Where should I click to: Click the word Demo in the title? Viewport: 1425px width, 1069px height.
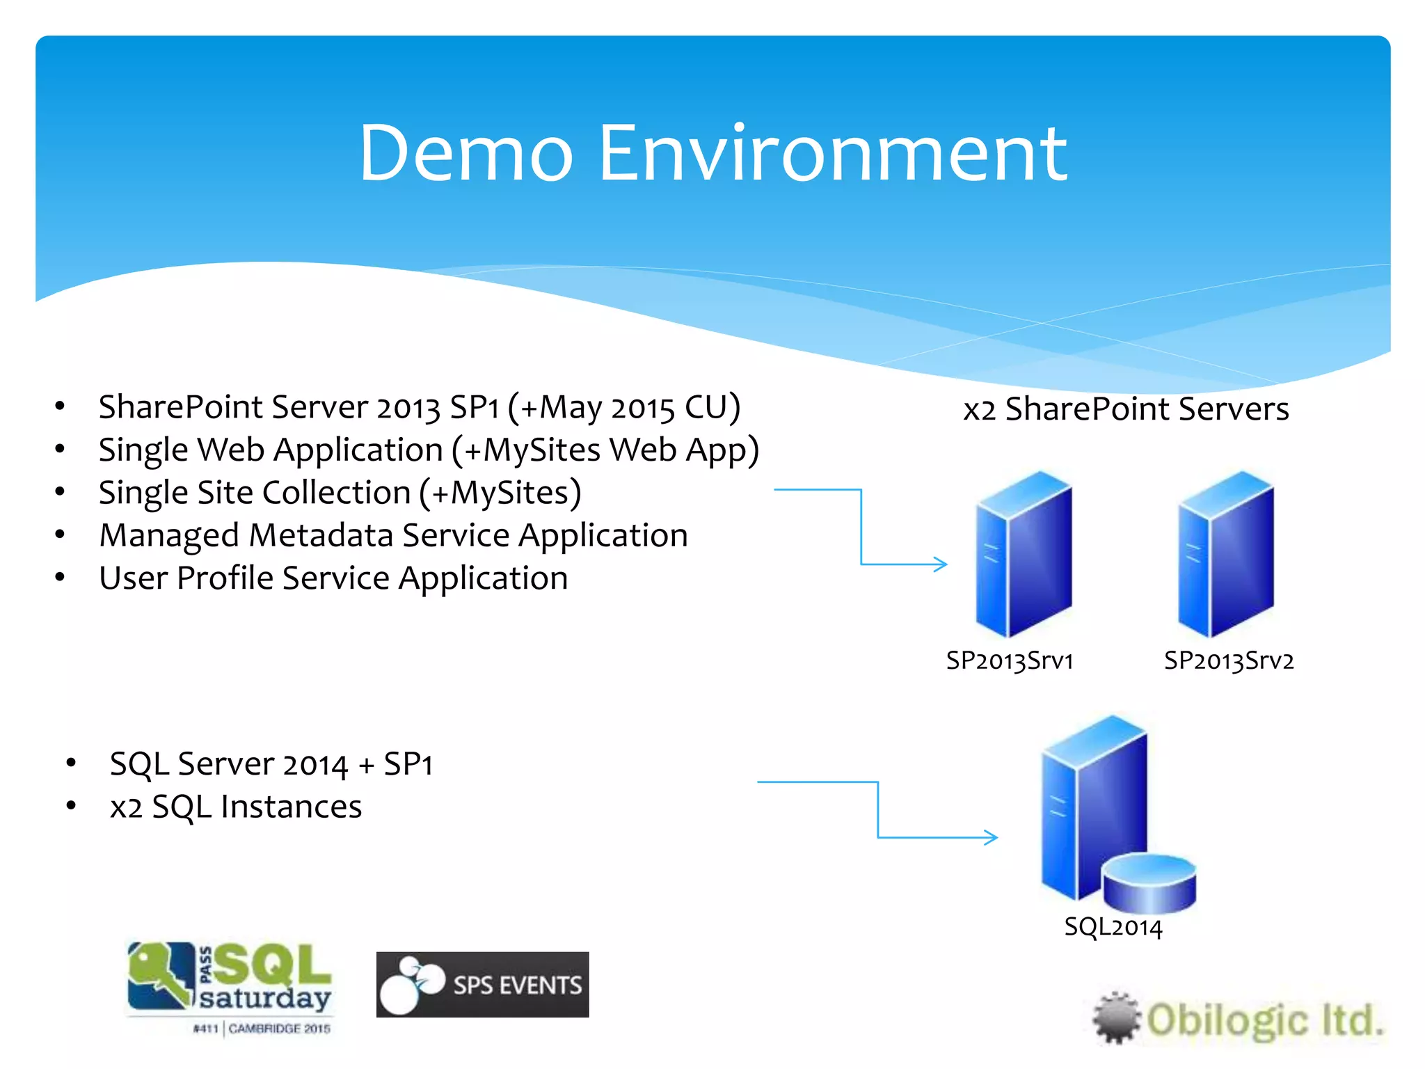[465, 153]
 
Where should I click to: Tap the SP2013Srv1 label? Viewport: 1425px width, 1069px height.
[1009, 660]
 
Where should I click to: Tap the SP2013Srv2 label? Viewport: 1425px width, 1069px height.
[1229, 660]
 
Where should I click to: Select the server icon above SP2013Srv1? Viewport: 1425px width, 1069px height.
[1023, 553]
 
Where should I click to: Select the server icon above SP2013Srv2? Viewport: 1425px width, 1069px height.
[1225, 553]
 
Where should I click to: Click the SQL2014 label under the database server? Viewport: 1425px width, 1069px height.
[1113, 926]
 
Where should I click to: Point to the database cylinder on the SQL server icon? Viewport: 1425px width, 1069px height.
[1149, 882]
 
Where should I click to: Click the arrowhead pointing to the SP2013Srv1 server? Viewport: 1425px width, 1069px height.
[941, 564]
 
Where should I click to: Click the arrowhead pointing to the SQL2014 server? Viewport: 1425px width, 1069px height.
[991, 837]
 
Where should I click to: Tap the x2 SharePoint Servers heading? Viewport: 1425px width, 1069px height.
[1125, 409]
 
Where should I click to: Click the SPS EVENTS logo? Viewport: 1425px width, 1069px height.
[482, 984]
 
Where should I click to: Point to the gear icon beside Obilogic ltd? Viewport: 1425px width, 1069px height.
[1117, 1018]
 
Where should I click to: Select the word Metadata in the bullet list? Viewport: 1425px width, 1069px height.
[321, 535]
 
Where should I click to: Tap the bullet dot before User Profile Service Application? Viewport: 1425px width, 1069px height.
[61, 577]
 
